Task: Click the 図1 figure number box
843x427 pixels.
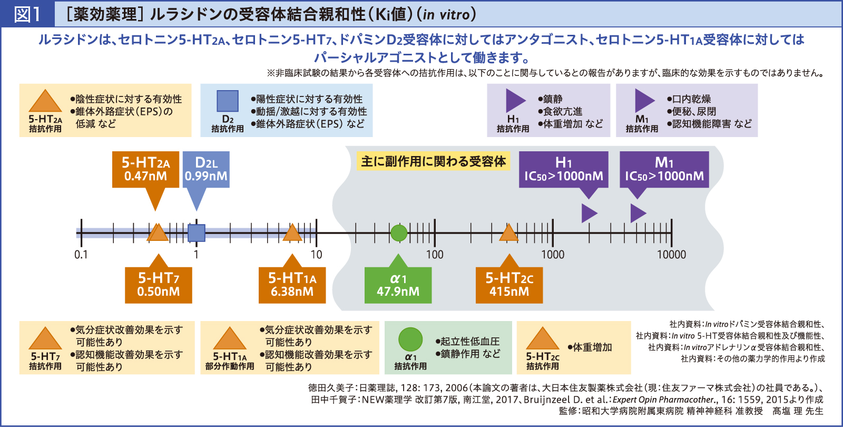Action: [27, 14]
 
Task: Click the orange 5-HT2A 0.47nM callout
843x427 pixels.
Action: [145, 170]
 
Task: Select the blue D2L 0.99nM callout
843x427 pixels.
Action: [206, 170]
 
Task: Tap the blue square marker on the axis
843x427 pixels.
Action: [197, 233]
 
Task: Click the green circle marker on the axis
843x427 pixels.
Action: [399, 232]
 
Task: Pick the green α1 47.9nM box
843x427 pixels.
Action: [398, 285]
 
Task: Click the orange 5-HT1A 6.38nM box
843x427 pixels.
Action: [292, 285]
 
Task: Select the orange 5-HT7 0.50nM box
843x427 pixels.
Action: [158, 285]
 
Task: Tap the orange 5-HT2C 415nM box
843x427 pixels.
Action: [509, 285]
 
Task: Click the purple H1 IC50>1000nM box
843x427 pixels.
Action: [563, 170]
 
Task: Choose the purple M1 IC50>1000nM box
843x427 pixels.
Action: [664, 170]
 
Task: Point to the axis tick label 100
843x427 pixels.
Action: [435, 255]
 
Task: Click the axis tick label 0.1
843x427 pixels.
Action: [81, 255]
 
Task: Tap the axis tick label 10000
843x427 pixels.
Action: [671, 255]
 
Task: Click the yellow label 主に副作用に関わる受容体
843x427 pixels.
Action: [434, 161]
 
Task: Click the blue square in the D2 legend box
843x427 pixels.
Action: [228, 101]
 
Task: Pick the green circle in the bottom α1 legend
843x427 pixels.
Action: [410, 339]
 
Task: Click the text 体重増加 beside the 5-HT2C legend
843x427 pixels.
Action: [593, 347]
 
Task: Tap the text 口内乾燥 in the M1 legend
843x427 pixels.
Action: [691, 99]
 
